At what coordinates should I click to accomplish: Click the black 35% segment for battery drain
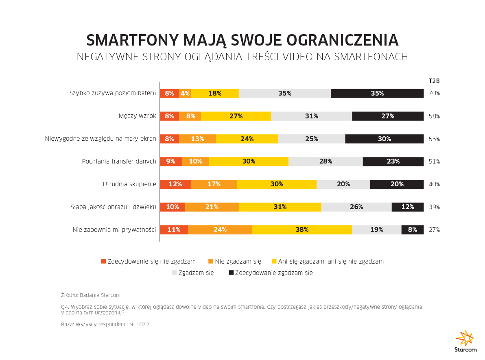pos(377,93)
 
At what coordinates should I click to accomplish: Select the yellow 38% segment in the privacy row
pos(302,229)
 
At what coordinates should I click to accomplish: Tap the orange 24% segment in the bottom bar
pos(220,229)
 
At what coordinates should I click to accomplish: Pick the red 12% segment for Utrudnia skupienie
pos(175,184)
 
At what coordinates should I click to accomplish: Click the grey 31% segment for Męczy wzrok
pos(311,116)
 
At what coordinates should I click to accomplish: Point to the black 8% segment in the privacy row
pos(413,229)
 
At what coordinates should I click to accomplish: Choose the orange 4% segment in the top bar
pos(185,93)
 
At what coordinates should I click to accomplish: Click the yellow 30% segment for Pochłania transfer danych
pos(249,161)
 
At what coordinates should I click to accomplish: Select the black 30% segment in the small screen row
pos(384,139)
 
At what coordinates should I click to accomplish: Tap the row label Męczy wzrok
pos(138,116)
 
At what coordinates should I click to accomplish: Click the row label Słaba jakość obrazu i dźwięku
pos(114,207)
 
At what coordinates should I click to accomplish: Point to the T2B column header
pos(434,81)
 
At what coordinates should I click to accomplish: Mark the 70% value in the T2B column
pos(434,93)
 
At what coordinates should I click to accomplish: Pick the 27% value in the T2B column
pos(434,229)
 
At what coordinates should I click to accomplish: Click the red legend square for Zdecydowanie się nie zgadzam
pos(103,261)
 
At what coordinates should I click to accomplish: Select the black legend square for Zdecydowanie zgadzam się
pos(231,273)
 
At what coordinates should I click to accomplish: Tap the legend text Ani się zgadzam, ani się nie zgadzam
pos(331,261)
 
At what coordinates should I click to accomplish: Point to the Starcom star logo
pos(465,338)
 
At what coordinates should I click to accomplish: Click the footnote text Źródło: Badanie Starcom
pos(90,295)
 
